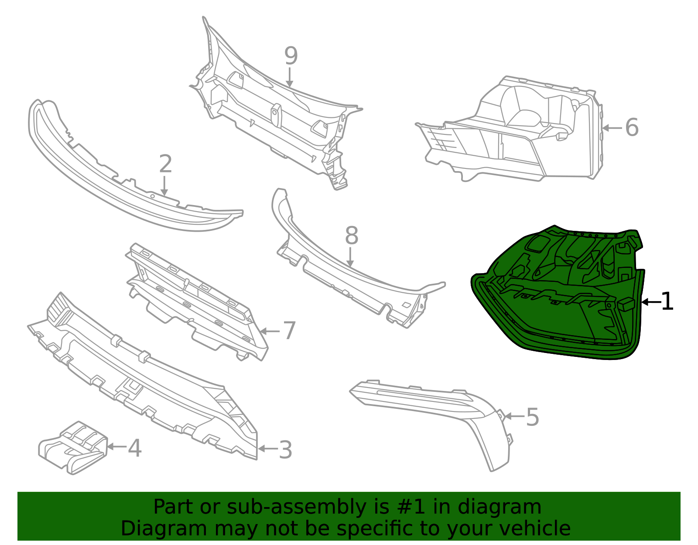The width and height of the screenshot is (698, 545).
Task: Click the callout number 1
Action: [667, 302]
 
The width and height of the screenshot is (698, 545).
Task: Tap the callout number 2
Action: [165, 165]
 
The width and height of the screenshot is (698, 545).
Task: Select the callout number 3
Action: [285, 449]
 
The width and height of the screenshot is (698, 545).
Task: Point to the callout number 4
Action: [135, 448]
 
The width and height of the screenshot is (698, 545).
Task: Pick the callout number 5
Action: [532, 417]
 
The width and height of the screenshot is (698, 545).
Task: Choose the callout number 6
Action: [631, 128]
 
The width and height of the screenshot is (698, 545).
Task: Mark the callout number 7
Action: [289, 331]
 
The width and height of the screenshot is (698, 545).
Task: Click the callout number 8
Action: [351, 236]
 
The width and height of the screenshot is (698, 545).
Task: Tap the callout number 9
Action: [291, 56]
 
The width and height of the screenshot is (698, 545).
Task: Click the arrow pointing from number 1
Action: [651, 302]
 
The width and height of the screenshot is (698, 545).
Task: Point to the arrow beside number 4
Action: [116, 446]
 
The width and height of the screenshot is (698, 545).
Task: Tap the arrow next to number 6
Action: [612, 128]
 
